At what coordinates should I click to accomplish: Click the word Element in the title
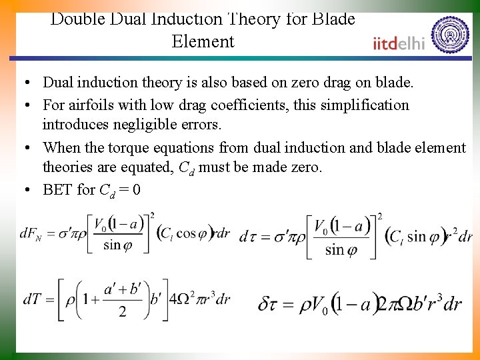(x=203, y=41)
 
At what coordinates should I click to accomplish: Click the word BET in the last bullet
(x=58, y=189)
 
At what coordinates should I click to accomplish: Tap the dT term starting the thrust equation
(x=32, y=299)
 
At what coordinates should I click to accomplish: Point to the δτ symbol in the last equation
(x=267, y=304)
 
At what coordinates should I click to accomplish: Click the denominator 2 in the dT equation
(x=122, y=312)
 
